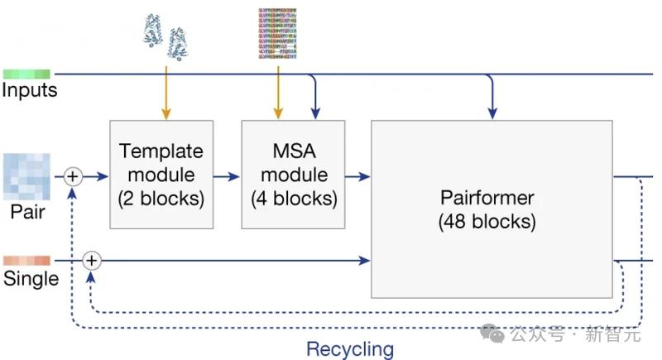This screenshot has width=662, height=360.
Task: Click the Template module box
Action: pos(161,175)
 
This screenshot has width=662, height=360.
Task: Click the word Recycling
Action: pos(350,348)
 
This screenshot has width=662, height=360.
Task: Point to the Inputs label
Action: pos(30,90)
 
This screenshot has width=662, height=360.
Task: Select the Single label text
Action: pos(31,279)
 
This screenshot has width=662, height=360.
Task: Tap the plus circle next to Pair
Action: pos(73,175)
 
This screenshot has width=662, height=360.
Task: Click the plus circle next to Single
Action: pos(92,261)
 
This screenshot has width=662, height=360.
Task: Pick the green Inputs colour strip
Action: pos(26,74)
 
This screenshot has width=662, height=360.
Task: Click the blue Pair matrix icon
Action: pos(26,175)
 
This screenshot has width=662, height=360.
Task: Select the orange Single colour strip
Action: pos(26,261)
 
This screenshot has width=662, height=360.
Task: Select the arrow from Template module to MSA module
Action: pos(227,175)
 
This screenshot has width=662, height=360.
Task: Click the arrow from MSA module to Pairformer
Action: pos(358,175)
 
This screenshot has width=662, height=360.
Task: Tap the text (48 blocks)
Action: pos(487,222)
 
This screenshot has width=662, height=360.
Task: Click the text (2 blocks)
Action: pos(161,199)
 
